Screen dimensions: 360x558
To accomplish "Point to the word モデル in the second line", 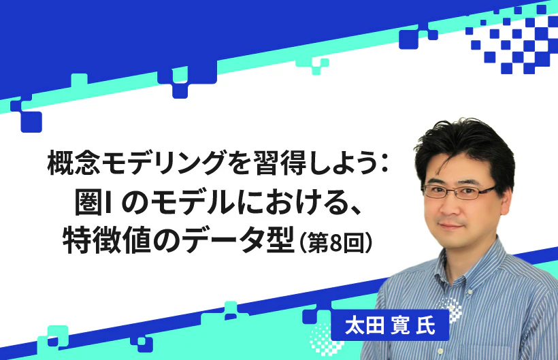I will (182, 201).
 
